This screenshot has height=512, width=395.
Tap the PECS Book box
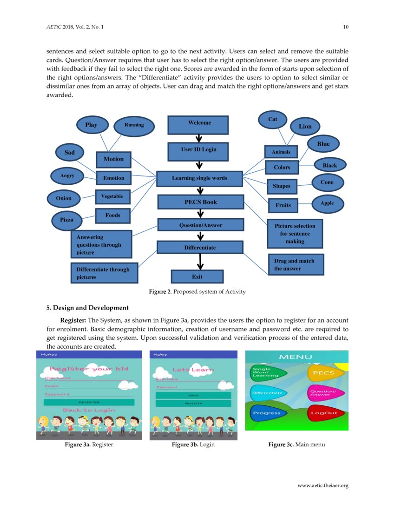pyautogui.click(x=200, y=202)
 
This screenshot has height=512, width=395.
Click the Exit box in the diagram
pyautogui.click(x=197, y=276)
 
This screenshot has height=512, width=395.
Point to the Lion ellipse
pyautogui.click(x=305, y=126)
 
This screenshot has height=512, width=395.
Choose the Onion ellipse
pyautogui.click(x=64, y=198)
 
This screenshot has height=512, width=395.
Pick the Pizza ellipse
pyautogui.click(x=66, y=220)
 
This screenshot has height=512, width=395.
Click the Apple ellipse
pyautogui.click(x=327, y=203)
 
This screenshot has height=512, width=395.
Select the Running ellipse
pyautogui.click(x=134, y=125)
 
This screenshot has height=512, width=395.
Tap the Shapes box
pyautogui.click(x=282, y=186)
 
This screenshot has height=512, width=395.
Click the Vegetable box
pyautogui.click(x=112, y=197)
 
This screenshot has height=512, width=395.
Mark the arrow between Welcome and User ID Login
pyautogui.click(x=199, y=138)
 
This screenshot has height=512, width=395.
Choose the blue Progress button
pyautogui.click(x=267, y=413)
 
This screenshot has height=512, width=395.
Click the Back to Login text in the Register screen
pyautogui.click(x=89, y=410)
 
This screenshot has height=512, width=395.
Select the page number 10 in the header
pyautogui.click(x=346, y=27)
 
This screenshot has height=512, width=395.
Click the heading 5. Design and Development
pyautogui.click(x=87, y=308)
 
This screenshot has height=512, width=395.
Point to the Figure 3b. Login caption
pyautogui.click(x=193, y=445)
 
